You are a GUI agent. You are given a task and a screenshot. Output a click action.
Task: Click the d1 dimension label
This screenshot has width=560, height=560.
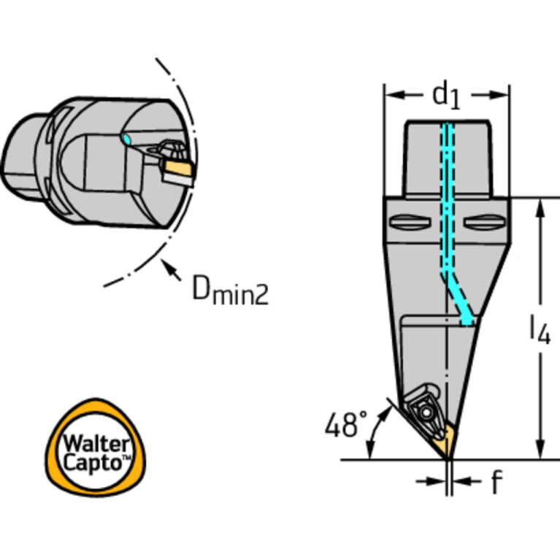pos(446,96)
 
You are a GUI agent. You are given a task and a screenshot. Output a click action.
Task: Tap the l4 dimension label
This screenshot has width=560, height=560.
pos(540,330)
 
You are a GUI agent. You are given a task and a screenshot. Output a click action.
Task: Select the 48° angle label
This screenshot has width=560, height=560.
pos(346,424)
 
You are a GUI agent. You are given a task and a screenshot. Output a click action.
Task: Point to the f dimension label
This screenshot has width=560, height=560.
pos(496,482)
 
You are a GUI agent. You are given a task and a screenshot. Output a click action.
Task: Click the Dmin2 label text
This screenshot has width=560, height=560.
pos(231,289)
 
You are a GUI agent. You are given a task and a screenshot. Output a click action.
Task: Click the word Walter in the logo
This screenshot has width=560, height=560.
pos(96,444)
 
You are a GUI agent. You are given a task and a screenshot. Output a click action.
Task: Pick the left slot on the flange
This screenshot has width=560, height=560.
pos(410,222)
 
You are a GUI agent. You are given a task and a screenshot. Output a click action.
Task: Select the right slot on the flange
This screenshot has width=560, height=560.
pos(485,222)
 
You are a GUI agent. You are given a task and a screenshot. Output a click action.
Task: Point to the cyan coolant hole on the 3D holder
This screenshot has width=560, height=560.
pos(126,139)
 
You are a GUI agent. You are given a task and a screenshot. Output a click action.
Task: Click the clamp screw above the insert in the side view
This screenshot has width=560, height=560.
pos(426,413)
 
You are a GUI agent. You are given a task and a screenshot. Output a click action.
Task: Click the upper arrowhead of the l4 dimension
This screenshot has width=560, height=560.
pos(541,208)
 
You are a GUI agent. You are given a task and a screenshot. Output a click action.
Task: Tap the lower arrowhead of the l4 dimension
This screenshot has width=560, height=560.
pos(541,449)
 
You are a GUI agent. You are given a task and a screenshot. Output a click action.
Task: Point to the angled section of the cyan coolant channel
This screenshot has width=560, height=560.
pos(460,299)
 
